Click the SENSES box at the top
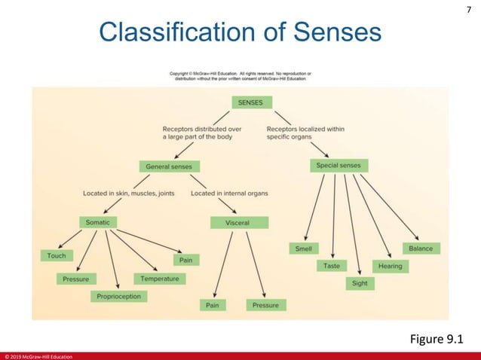pyautogui.click(x=251, y=102)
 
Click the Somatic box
pyautogui.click(x=98, y=222)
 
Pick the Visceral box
pyautogui.click(x=237, y=223)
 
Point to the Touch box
pyautogui.click(x=57, y=255)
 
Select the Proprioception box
pyautogui.click(x=118, y=297)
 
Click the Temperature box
pyautogui.click(x=159, y=278)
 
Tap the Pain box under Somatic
pyautogui.click(x=185, y=260)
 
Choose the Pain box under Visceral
pyautogui.click(x=213, y=305)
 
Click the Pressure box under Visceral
pyautogui.click(x=265, y=305)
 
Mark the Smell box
pyautogui.click(x=305, y=249)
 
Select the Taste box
pyautogui.click(x=331, y=266)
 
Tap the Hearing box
pyautogui.click(x=390, y=266)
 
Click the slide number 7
pyautogui.click(x=468, y=9)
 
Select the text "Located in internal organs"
pyautogui.click(x=229, y=194)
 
